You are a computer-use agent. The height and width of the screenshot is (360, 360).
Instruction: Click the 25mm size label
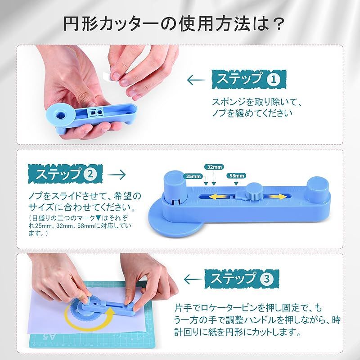[193, 176]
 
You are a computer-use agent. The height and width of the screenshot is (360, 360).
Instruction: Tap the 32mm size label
[214, 167]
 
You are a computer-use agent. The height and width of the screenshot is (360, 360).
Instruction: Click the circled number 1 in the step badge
[274, 80]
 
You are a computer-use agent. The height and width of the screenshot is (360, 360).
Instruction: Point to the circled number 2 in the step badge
[90, 174]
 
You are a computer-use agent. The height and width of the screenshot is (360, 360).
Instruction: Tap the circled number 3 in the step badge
[267, 279]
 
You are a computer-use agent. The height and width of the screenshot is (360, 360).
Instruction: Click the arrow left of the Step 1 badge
[196, 80]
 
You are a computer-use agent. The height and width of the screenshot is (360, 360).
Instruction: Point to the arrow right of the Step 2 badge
[117, 175]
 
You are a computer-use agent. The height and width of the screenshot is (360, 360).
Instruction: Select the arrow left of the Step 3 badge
[193, 279]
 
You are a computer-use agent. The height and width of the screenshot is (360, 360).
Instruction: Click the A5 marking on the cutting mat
[49, 337]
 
